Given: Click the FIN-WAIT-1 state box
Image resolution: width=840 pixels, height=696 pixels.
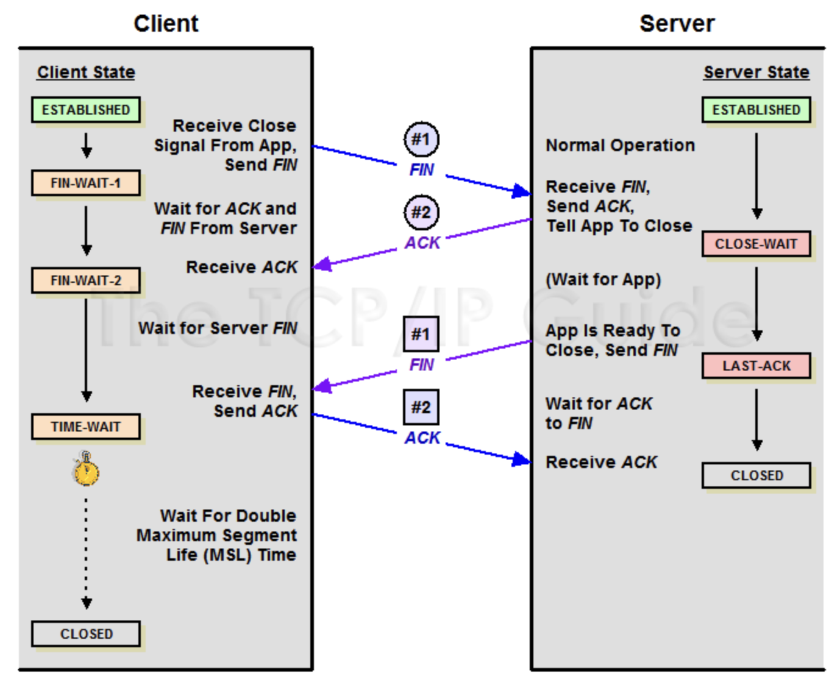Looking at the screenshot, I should click(x=86, y=183).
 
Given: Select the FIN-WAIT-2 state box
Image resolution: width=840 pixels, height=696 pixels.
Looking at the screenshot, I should click(x=86, y=280).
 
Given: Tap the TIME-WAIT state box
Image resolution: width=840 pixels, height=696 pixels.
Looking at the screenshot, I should click(x=86, y=427).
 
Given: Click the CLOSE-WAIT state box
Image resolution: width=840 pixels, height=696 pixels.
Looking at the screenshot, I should click(x=756, y=244).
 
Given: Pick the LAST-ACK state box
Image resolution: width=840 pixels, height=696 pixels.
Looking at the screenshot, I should click(x=756, y=366).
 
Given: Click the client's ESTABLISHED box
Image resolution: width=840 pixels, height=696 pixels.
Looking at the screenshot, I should click(x=86, y=110).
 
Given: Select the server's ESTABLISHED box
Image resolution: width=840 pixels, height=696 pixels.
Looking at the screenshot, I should click(x=756, y=110).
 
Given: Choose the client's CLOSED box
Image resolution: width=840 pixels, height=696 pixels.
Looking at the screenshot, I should click(x=86, y=634).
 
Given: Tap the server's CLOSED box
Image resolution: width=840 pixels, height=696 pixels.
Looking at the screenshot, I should click(x=756, y=475).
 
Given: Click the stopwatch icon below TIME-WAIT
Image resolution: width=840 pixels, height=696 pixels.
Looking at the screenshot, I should click(x=86, y=470).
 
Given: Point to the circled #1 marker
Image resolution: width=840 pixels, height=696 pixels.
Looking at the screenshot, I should click(x=421, y=139).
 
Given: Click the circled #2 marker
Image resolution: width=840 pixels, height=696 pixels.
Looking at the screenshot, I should click(x=421, y=212).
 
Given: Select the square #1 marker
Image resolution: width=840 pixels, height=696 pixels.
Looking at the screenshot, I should click(x=421, y=334).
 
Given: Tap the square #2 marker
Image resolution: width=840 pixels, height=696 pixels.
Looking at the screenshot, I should click(x=421, y=407).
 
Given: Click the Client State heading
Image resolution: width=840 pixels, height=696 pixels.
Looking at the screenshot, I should click(x=86, y=72).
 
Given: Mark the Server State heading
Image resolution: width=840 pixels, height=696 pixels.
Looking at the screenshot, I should click(x=756, y=72).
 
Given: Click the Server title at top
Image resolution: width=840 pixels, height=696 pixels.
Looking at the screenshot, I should click(x=677, y=24).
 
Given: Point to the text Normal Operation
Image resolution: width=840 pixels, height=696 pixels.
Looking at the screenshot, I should click(x=620, y=145).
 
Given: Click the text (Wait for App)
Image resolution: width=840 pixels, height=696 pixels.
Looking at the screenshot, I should click(x=603, y=280).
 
